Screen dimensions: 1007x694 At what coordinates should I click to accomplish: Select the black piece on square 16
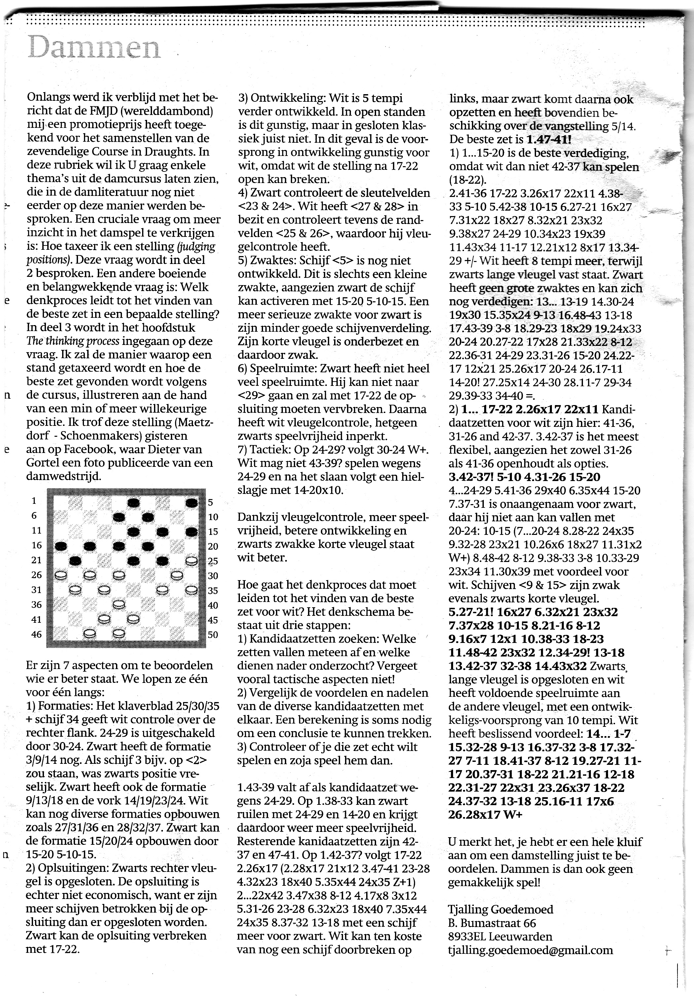[61, 546]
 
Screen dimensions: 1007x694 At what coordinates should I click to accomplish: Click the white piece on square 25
[191, 561]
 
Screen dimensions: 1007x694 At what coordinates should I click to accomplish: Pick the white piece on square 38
[119, 605]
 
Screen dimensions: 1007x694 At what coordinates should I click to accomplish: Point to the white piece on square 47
[90, 633]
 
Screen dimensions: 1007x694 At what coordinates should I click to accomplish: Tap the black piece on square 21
[76, 561]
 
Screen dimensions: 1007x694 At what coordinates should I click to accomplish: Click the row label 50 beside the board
[212, 635]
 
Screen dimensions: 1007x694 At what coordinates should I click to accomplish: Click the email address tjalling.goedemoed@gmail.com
[530, 950]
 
